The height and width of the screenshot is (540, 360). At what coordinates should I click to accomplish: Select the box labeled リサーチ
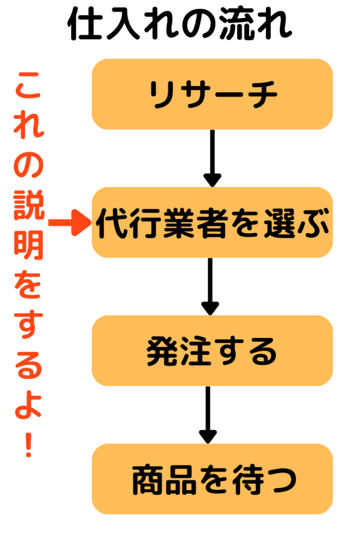pyautogui.click(x=212, y=94)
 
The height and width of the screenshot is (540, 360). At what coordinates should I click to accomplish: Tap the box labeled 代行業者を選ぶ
pyautogui.click(x=212, y=223)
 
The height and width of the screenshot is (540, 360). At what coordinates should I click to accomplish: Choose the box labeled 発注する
pyautogui.click(x=212, y=351)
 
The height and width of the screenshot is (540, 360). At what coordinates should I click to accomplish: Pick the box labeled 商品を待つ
pyautogui.click(x=212, y=479)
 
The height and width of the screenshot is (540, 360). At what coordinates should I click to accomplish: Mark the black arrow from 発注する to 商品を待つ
pyautogui.click(x=208, y=414)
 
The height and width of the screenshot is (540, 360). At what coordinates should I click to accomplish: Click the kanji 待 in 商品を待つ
pyautogui.click(x=243, y=479)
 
